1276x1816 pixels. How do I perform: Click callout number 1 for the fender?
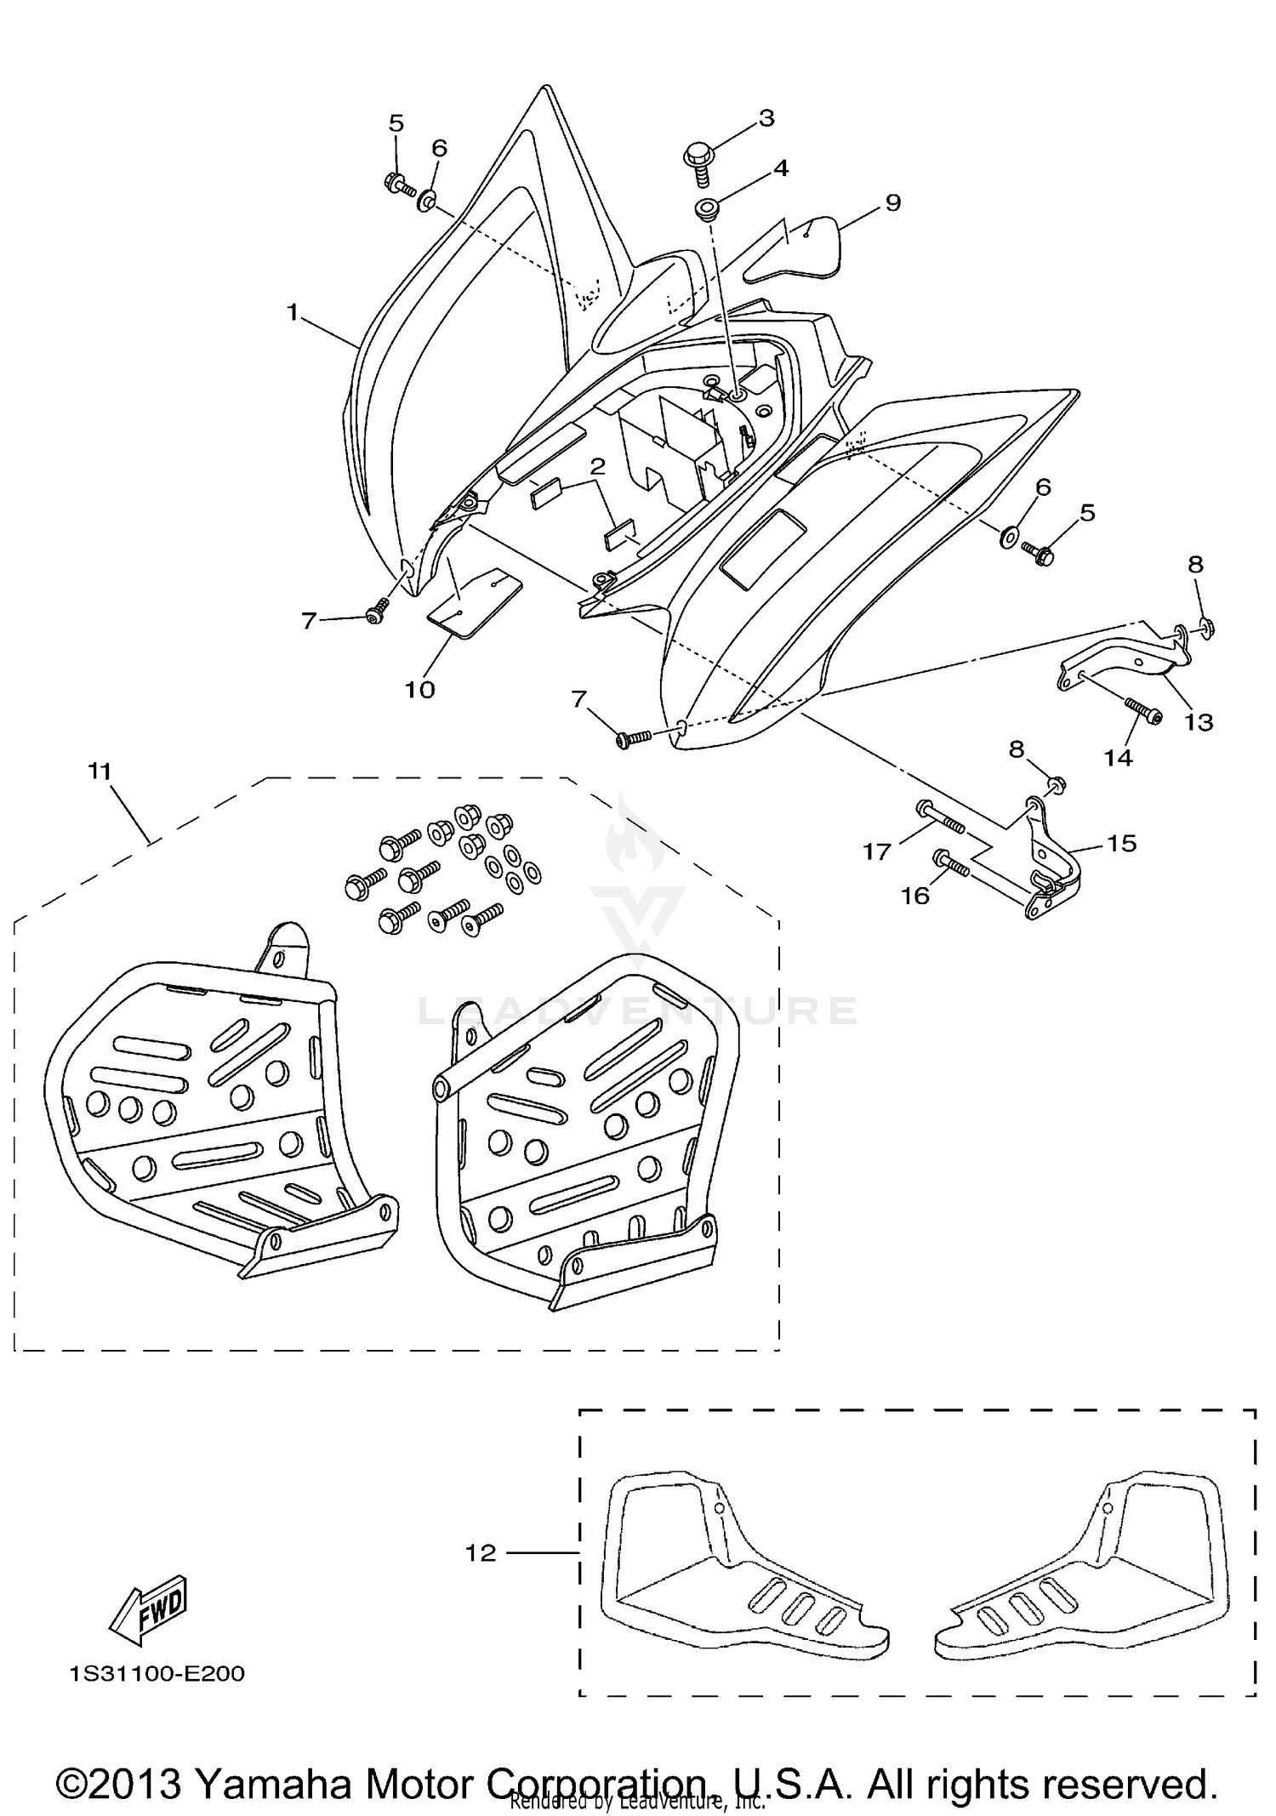pos(292,313)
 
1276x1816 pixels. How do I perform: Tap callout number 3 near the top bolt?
pos(766,118)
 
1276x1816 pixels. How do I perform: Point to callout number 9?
pos(892,202)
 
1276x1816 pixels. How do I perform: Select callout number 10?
pos(419,689)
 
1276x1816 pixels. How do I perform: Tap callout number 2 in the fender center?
pos(597,466)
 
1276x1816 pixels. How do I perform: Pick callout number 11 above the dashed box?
pos(100,771)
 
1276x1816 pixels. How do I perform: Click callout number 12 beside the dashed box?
pos(481,1552)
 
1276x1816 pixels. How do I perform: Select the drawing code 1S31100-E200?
pos(157,1674)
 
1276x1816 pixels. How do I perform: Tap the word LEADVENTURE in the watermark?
pos(638,1010)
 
